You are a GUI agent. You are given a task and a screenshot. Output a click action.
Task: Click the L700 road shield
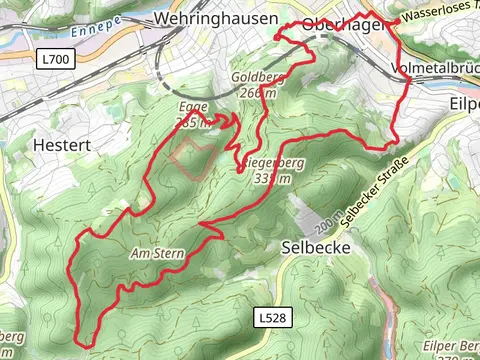(56, 60)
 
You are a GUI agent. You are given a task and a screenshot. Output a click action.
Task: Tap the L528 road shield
(265, 316)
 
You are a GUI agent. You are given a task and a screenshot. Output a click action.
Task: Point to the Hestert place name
(61, 145)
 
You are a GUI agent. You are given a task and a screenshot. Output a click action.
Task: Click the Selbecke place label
(317, 246)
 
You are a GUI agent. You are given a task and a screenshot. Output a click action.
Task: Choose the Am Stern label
(158, 254)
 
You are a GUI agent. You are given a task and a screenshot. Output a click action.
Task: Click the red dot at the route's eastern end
(397, 20)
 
